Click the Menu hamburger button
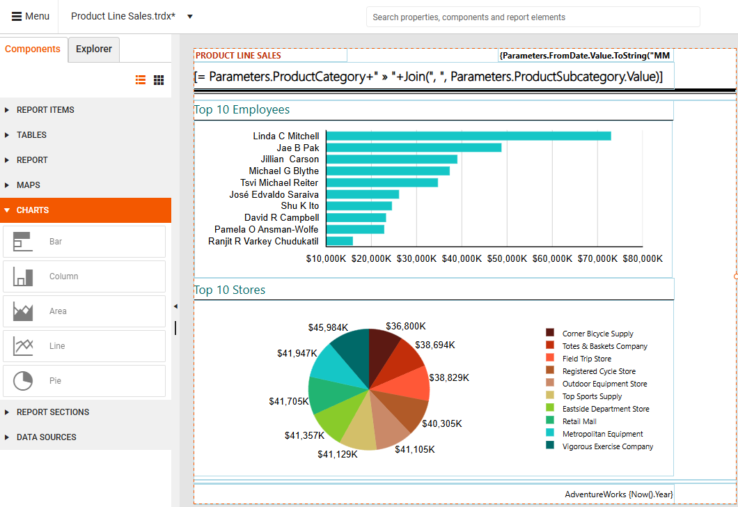31,17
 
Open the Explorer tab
94,49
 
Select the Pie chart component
84,381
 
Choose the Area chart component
84,311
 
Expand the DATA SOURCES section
46,437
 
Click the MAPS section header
29,185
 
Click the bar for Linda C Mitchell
468,136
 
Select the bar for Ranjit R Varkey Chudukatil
339,241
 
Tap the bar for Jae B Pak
414,148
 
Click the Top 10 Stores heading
230,290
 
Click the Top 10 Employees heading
242,110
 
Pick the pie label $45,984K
328,327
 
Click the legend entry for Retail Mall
579,421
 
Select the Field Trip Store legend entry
586,359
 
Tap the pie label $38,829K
449,377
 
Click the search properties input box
533,17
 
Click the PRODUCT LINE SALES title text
238,56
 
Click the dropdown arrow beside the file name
190,17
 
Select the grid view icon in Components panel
159,81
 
